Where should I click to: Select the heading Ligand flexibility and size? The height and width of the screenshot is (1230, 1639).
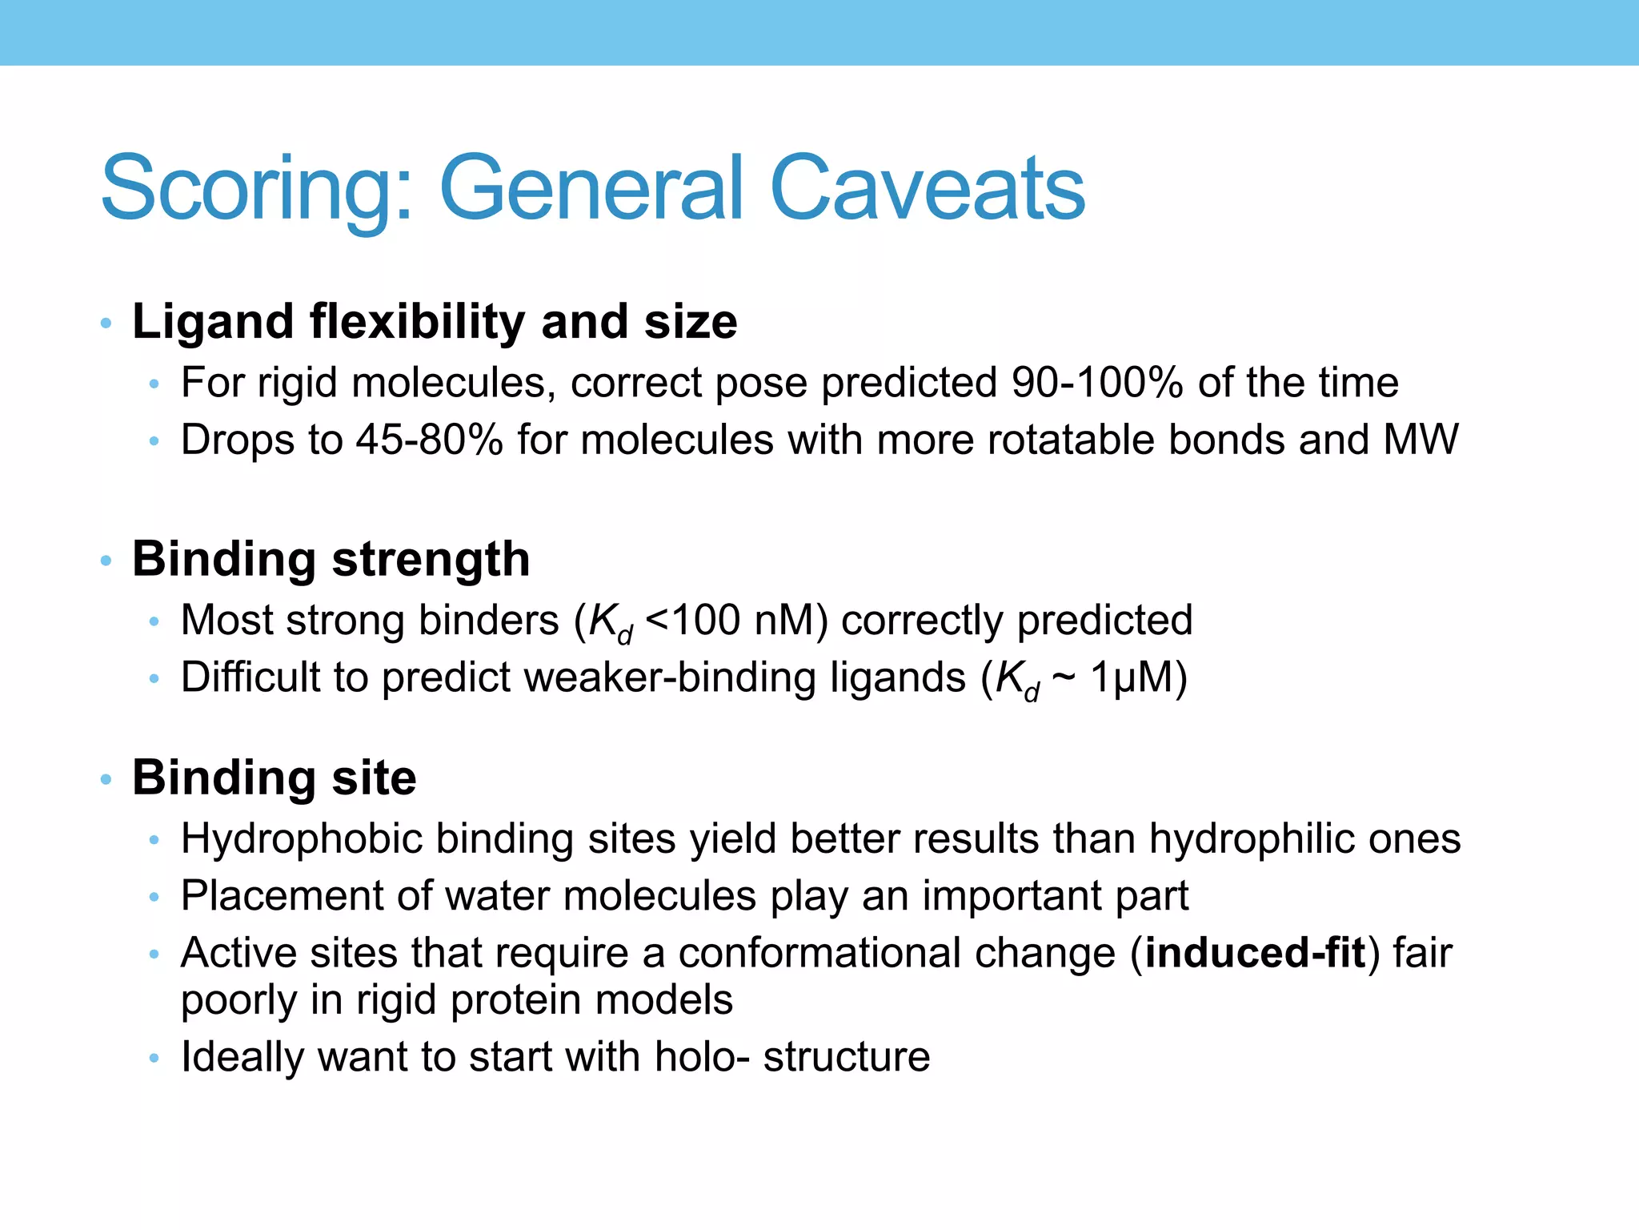coord(435,322)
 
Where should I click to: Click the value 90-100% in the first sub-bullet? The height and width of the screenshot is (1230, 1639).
coord(1097,383)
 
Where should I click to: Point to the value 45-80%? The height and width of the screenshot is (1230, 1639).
coord(429,440)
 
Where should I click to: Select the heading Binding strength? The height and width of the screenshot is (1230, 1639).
coord(331,559)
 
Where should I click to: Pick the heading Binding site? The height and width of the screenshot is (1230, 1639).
coord(274,778)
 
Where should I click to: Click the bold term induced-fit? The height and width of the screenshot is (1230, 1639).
coord(1255,953)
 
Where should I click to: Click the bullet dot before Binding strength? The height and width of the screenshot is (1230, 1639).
coord(106,561)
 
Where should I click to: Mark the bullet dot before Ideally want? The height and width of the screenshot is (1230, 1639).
coord(154,1059)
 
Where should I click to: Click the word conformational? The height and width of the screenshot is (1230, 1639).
coord(896,953)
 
